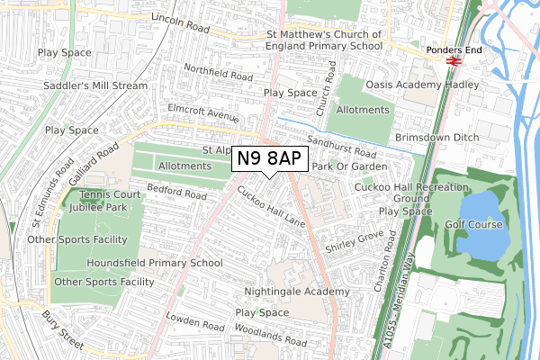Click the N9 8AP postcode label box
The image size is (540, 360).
tap(270, 160)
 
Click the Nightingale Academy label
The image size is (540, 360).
tap(297, 292)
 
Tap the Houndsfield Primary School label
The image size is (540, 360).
tap(154, 264)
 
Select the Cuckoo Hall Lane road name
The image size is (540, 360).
tap(271, 206)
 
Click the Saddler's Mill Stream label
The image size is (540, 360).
tap(94, 86)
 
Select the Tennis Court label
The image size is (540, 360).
tap(110, 194)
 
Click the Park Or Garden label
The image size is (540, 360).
tap(349, 166)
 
